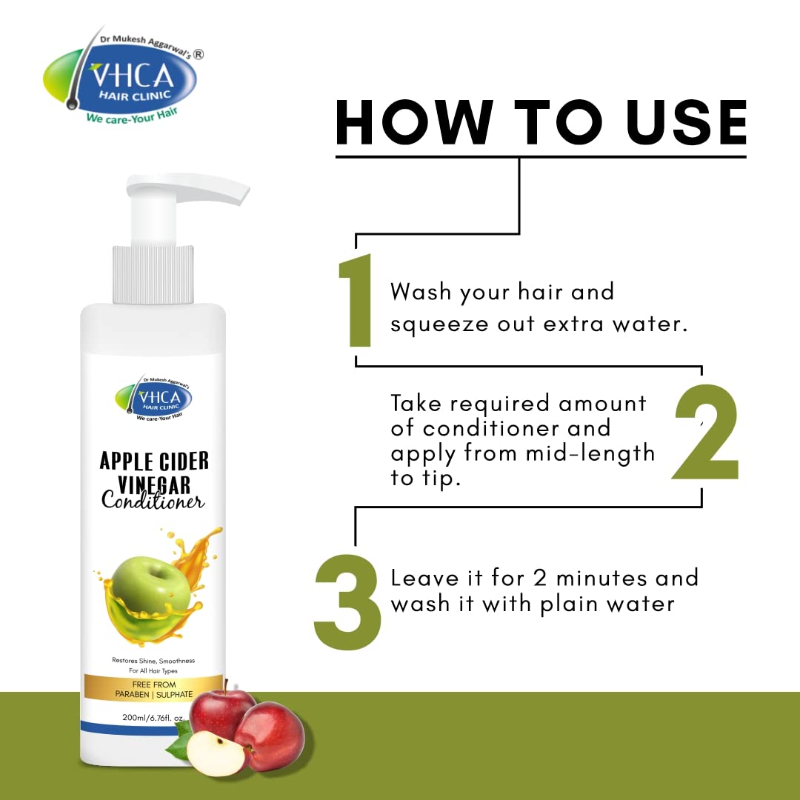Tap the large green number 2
coord(707,432)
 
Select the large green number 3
coord(347,602)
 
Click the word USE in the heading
coord(686,122)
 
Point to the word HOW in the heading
coord(414,122)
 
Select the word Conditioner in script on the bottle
coord(153,501)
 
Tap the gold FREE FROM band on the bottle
coord(153,690)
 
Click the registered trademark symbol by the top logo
coord(198,54)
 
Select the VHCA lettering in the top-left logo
coord(132,76)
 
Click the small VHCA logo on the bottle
coord(153,398)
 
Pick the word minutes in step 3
coord(601,579)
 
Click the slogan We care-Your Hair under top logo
coord(132,116)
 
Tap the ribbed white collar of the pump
coord(153,275)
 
